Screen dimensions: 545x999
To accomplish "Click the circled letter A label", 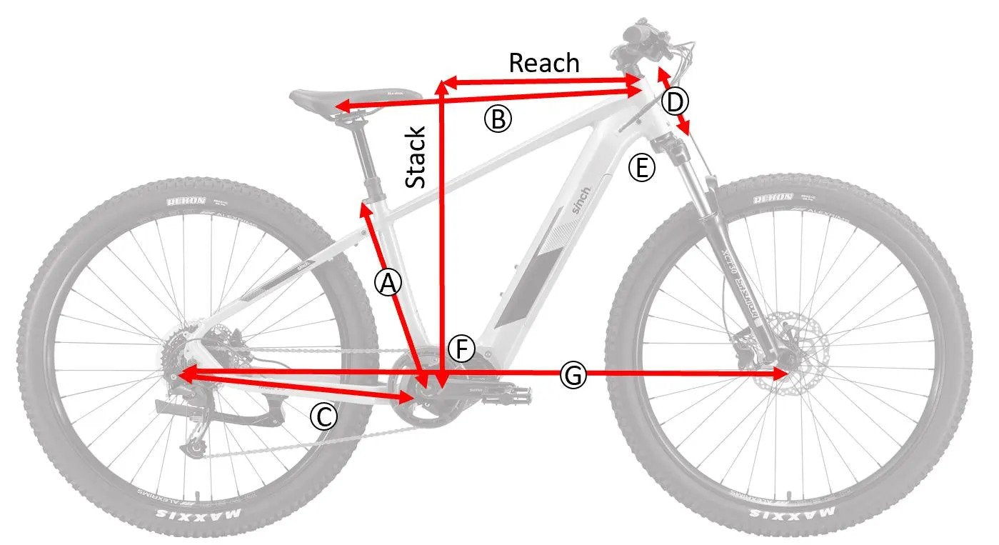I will coord(387,284).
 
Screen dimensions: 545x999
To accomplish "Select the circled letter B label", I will coord(498,119).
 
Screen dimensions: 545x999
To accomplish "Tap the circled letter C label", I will coord(323,416).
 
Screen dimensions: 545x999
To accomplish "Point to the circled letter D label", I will coord(675,101).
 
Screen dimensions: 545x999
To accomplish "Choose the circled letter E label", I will coord(641,169).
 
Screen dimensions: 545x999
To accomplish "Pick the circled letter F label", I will coord(462,349).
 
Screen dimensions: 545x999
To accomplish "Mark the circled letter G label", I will coord(573,374).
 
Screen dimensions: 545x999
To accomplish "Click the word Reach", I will coord(543,63).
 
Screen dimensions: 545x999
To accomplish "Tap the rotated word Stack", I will coord(416,158).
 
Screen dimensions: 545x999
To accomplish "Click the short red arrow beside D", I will coord(673,100).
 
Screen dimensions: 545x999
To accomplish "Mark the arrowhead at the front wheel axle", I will coord(781,374).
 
